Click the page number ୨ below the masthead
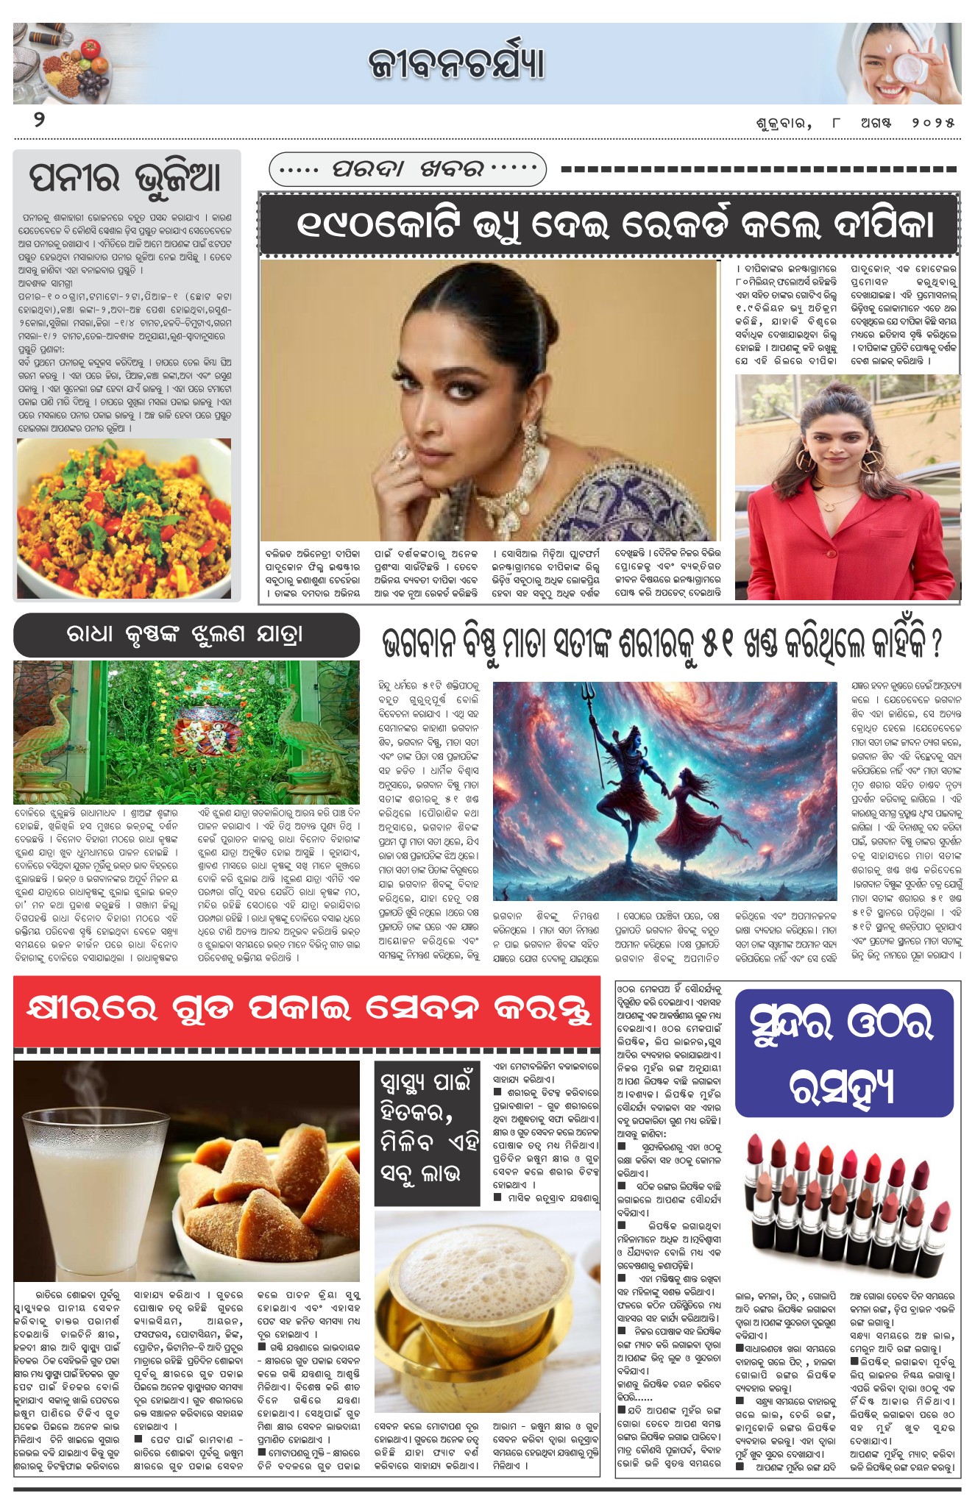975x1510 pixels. tap(39, 120)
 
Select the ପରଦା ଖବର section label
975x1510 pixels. tap(408, 169)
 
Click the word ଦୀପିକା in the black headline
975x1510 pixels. tap(883, 224)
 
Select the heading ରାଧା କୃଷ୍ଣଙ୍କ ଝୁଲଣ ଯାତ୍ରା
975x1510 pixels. tap(185, 635)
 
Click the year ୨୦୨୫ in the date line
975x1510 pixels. tap(933, 123)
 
